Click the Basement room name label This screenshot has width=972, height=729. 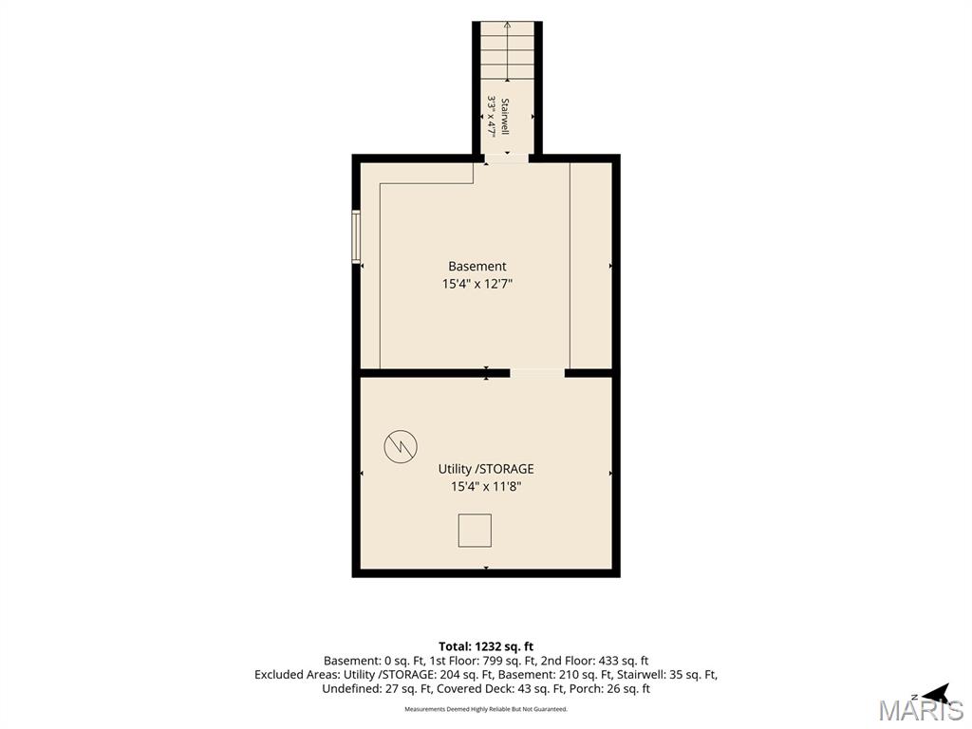[477, 266]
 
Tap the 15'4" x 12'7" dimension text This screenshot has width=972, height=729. [477, 284]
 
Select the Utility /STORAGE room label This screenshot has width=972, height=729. [486, 469]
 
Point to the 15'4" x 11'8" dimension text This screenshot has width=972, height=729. [486, 487]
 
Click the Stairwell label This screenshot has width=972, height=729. [505, 117]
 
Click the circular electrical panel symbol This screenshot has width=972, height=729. [401, 446]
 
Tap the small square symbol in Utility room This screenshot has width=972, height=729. [475, 531]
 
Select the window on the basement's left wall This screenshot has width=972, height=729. [357, 236]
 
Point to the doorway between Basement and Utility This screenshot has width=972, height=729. [537, 372]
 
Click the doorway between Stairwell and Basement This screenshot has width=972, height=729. [507, 159]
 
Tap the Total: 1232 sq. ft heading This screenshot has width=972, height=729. [486, 646]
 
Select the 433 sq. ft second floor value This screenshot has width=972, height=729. [623, 661]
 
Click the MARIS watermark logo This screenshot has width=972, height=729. [922, 710]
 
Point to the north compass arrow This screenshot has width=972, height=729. [935, 693]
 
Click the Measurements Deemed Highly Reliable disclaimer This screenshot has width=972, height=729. [486, 708]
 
